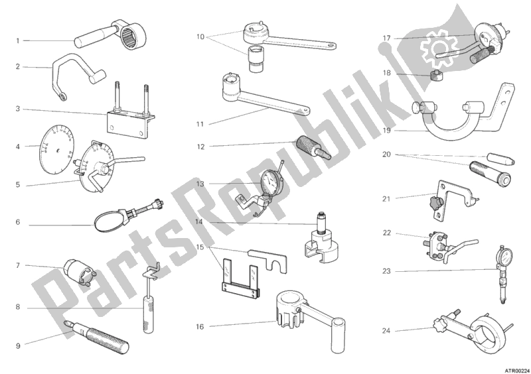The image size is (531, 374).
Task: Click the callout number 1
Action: (x=18, y=41)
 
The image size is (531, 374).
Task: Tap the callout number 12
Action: (x=201, y=147)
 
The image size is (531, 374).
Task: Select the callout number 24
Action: (x=386, y=331)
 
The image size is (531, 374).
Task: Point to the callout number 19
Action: (x=386, y=131)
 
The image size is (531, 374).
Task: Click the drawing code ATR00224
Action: (x=518, y=371)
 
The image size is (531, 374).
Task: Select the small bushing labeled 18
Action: (x=437, y=76)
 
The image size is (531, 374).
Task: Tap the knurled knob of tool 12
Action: (x=307, y=145)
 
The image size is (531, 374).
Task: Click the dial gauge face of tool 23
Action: (x=504, y=257)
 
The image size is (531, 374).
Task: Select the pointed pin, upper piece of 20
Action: (x=500, y=158)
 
